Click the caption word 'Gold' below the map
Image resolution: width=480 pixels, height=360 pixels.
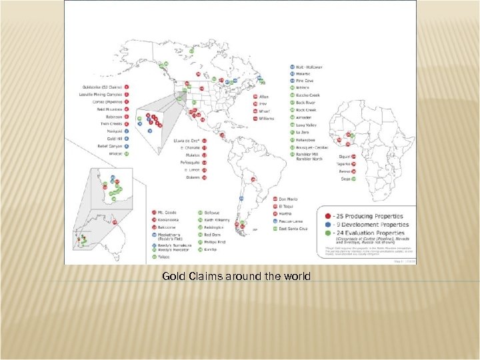click(x=173, y=275)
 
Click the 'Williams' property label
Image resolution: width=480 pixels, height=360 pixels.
click(x=267, y=118)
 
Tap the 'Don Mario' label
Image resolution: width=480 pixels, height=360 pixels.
click(x=287, y=199)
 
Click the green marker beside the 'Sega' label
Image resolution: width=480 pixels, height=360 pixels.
click(x=354, y=179)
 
